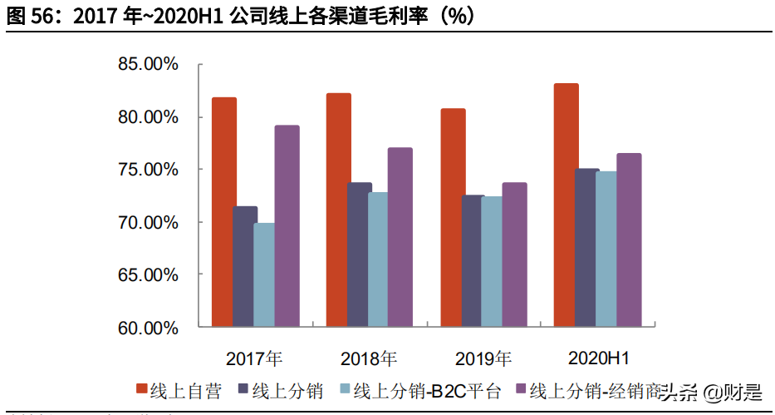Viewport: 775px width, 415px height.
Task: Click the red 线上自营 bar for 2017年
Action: [x=223, y=211]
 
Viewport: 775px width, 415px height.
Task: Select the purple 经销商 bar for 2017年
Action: [x=287, y=225]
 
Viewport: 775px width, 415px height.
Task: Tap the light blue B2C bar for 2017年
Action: [x=264, y=274]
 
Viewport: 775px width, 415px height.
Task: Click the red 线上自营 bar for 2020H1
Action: [x=567, y=205]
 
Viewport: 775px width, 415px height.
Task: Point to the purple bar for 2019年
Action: [x=514, y=254]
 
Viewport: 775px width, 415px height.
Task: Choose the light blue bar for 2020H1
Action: [x=606, y=249]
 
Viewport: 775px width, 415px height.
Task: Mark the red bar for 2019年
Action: [x=453, y=217]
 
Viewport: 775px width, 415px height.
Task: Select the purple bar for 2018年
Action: [x=400, y=237]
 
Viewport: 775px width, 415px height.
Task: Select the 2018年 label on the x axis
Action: [x=369, y=358]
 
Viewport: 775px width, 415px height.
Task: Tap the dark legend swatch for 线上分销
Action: [x=243, y=390]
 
